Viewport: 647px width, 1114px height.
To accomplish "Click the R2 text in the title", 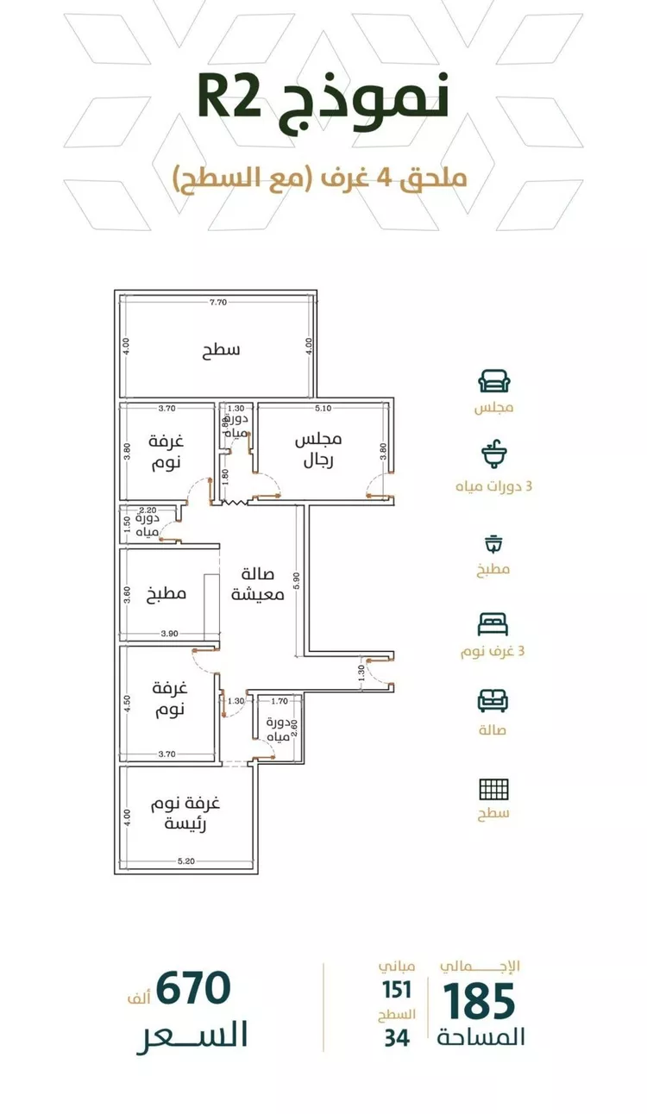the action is [x=229, y=98].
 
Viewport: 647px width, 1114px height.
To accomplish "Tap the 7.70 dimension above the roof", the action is [x=218, y=302].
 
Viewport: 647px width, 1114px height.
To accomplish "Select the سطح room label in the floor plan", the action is [x=221, y=350].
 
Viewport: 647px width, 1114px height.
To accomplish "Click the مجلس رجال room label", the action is [x=318, y=450].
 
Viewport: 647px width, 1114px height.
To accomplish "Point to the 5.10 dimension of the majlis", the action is [x=323, y=409].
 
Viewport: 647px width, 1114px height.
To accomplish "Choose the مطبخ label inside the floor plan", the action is [x=166, y=593].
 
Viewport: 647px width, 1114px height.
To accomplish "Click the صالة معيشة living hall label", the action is [x=257, y=585].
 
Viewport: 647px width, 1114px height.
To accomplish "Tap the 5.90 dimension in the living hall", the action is [x=297, y=581].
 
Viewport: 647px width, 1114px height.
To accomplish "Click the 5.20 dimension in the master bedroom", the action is [x=185, y=861].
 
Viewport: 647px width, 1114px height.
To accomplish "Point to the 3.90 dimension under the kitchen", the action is [x=169, y=634].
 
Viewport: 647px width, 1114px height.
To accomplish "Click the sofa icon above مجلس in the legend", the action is [x=494, y=381].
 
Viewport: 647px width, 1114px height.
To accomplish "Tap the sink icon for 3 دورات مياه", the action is [x=493, y=454].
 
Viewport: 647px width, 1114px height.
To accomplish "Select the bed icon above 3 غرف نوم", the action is [x=493, y=624].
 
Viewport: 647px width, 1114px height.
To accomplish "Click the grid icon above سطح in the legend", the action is [x=493, y=789].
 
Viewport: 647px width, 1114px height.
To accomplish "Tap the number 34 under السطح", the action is [x=397, y=1038].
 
